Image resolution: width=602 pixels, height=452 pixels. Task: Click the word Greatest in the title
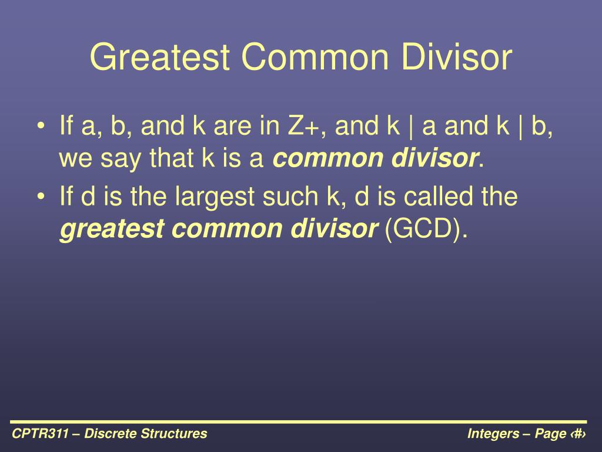160,57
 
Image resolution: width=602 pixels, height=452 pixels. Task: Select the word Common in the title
315,57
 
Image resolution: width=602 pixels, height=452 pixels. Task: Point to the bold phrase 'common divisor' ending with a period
378,158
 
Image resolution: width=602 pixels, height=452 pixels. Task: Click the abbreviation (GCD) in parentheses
426,229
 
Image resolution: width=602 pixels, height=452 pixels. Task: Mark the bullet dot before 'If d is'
41,197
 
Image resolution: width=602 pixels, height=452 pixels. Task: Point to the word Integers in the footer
493,434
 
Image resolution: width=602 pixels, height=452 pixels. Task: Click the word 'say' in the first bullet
121,159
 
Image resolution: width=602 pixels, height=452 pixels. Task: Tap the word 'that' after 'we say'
171,158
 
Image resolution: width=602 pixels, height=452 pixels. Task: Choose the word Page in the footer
550,434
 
